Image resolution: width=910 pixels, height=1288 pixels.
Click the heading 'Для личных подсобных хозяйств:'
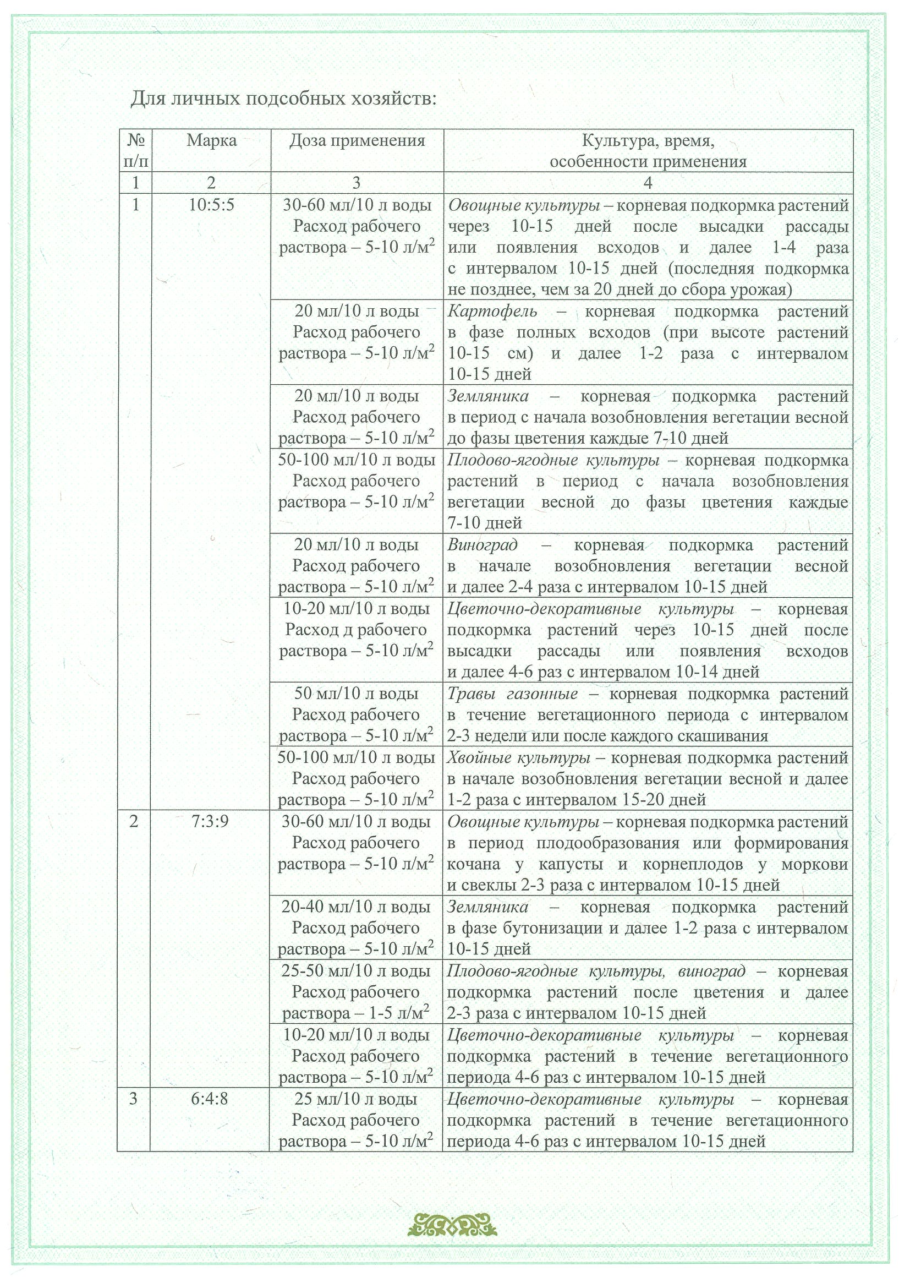[x=283, y=99]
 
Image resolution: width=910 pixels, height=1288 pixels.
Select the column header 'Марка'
[x=211, y=140]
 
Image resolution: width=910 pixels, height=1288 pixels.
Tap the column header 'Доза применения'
[x=357, y=140]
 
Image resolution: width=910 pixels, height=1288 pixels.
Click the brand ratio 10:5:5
[x=211, y=205]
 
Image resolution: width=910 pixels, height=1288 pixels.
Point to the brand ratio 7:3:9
[x=210, y=822]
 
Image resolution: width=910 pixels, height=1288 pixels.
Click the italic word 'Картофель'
[x=493, y=312]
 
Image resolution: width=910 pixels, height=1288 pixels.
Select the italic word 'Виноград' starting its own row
[x=483, y=545]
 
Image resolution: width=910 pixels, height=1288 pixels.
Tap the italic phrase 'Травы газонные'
[x=512, y=694]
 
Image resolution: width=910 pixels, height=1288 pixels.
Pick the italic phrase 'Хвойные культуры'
[x=519, y=758]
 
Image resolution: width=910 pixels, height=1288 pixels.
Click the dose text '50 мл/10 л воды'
[x=357, y=694]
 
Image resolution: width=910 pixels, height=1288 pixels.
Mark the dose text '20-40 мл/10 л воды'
[x=356, y=907]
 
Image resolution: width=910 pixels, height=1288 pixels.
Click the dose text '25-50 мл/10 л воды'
[x=356, y=971]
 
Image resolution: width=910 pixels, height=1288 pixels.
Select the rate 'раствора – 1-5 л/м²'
[x=356, y=1014]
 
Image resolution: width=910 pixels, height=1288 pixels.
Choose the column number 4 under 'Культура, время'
[x=648, y=183]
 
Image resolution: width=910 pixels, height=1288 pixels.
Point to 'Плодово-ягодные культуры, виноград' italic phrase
[x=596, y=971]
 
